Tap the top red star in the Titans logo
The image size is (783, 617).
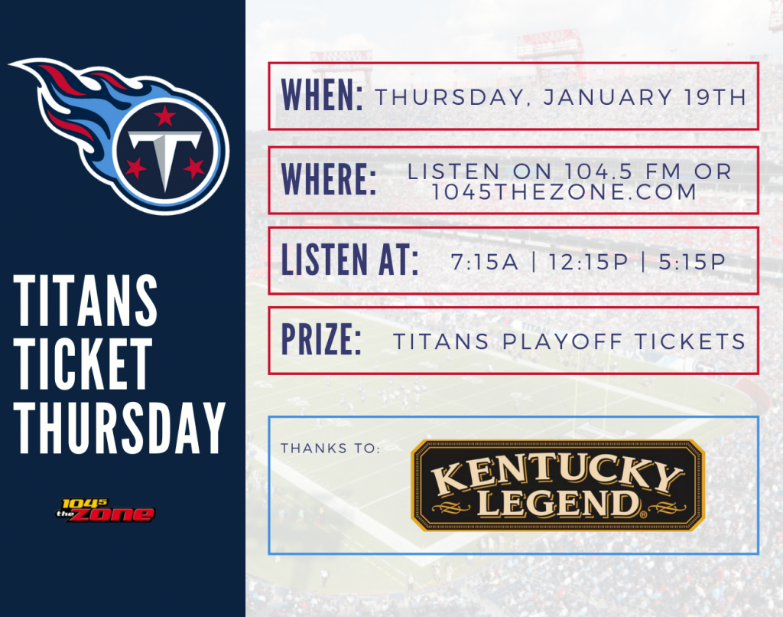tap(165, 116)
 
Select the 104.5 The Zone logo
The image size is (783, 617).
tap(106, 510)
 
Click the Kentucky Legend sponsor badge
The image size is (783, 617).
tap(557, 485)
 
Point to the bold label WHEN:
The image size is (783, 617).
tap(322, 95)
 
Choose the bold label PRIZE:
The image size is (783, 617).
tap(321, 339)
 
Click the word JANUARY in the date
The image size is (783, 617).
tap(608, 97)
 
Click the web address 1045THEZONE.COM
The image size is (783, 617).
tap(564, 192)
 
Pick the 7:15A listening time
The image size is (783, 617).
tap(484, 262)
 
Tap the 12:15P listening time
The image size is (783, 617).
tap(588, 262)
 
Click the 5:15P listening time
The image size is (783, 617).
tap(692, 262)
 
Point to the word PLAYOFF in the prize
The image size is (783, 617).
tap(562, 342)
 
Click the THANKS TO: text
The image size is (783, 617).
tap(330, 448)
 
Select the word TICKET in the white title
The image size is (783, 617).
tap(83, 364)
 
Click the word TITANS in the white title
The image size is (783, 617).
tap(86, 300)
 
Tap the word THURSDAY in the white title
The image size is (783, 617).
tap(120, 427)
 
